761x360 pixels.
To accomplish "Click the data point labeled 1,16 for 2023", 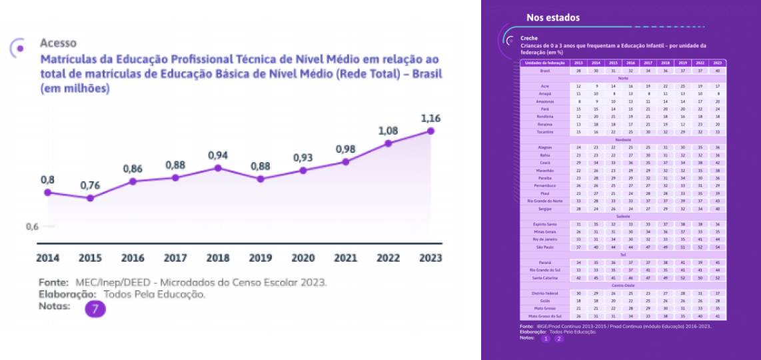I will click(430, 131).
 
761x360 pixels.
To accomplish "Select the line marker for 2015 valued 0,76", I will click(90, 197).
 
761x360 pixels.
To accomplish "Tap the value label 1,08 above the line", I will click(388, 131).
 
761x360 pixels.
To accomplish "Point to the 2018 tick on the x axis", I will click(218, 257).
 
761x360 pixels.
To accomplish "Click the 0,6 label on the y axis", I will click(32, 227).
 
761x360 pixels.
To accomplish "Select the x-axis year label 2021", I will click(345, 257).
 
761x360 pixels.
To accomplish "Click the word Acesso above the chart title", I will click(58, 43).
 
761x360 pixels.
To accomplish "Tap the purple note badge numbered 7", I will click(95, 309).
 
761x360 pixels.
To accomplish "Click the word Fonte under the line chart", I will click(53, 282).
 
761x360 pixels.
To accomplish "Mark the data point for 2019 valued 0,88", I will click(261, 179).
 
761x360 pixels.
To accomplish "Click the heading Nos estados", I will click(553, 17).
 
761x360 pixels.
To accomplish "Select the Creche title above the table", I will click(529, 39).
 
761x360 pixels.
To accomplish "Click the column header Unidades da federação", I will click(544, 63).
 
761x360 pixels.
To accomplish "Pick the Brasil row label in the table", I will click(544, 71).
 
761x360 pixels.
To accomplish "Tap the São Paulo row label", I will click(544, 247).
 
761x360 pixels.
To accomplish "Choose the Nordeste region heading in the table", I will click(623, 140).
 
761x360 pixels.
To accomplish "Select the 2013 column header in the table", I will click(578, 63).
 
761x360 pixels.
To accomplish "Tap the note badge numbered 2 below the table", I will click(559, 339).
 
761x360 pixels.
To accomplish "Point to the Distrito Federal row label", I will click(544, 293).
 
